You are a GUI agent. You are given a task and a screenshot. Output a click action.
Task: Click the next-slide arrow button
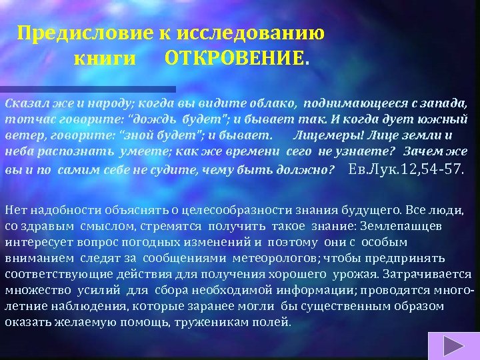[454, 345]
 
